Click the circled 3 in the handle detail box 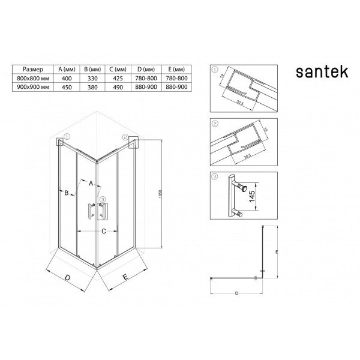[216, 176]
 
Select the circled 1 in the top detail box [216, 70]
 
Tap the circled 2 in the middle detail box [216, 123]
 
